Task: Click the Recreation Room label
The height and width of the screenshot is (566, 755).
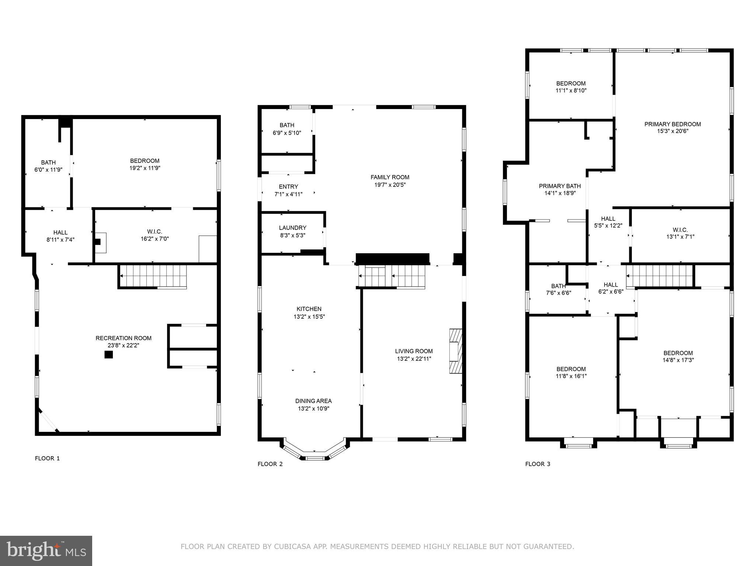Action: [123, 338]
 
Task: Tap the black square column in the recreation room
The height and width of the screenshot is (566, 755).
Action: [108, 354]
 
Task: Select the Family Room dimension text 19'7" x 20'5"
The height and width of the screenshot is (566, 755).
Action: [390, 185]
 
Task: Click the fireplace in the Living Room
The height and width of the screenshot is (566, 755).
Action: [456, 351]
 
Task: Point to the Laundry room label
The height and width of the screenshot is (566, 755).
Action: [292, 228]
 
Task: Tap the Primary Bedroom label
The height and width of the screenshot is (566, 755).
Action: [672, 124]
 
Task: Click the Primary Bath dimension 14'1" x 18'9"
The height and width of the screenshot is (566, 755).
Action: [560, 193]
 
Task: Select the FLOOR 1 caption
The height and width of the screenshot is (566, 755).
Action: [47, 458]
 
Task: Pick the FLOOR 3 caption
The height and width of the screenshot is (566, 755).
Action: [537, 464]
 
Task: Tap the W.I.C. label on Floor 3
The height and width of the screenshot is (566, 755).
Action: [680, 230]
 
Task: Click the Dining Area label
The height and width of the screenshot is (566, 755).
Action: [313, 401]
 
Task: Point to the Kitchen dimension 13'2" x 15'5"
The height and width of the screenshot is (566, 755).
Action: [309, 317]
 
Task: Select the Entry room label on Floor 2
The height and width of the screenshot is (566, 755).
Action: [288, 186]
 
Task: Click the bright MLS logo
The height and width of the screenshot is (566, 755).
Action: [46, 551]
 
